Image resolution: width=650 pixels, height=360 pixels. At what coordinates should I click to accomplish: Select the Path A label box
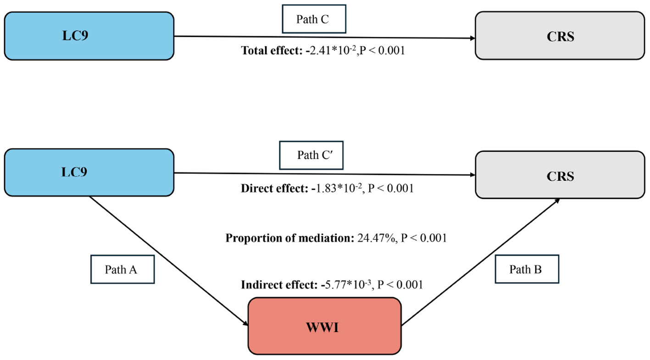point(121,269)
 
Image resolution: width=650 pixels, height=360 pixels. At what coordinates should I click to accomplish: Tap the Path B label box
point(526,269)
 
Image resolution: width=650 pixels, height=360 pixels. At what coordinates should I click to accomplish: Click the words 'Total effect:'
point(270,51)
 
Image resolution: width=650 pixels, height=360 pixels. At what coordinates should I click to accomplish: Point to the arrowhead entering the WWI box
point(245,324)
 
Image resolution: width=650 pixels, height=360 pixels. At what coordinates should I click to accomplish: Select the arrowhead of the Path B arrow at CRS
point(557,201)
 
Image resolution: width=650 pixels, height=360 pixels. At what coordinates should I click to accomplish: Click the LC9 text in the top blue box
point(75,36)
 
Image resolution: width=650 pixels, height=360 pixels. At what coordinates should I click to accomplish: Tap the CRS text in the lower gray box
point(561,176)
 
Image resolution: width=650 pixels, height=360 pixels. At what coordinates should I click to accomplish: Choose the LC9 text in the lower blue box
point(75,172)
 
